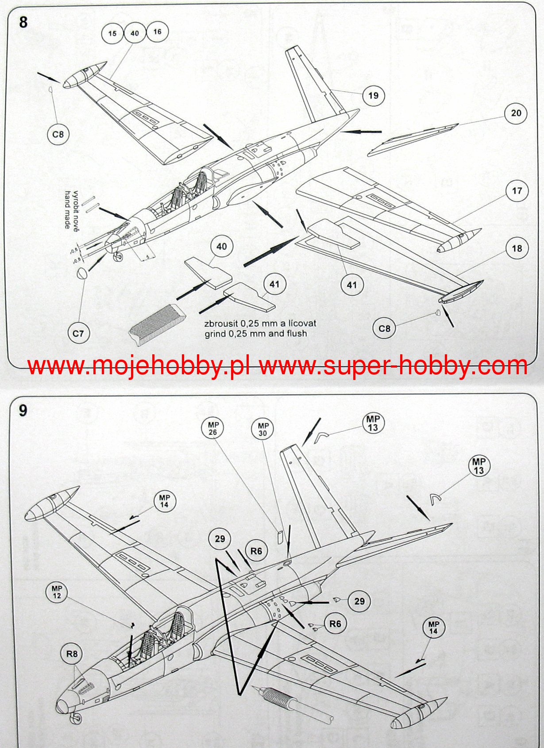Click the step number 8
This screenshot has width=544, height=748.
pyautogui.click(x=23, y=22)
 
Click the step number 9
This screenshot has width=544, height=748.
pyautogui.click(x=23, y=411)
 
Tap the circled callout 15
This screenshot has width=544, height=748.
pyautogui.click(x=112, y=33)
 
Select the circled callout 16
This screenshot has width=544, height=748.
pyautogui.click(x=157, y=31)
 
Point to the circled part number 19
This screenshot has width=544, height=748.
pyautogui.click(x=373, y=95)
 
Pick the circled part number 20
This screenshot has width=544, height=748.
pyautogui.click(x=516, y=113)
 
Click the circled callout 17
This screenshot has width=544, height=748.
pyautogui.click(x=517, y=191)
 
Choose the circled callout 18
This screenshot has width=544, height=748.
pyautogui.click(x=517, y=248)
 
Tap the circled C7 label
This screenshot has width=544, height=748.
pyautogui.click(x=78, y=333)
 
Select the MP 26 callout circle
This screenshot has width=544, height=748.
pyautogui.click(x=213, y=428)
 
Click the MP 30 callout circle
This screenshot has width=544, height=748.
pyautogui.click(x=263, y=429)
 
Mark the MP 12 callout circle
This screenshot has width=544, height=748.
pyautogui.click(x=57, y=592)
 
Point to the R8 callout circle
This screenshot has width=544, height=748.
pyautogui.click(x=72, y=654)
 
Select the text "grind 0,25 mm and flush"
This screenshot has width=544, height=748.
pyautogui.click(x=255, y=333)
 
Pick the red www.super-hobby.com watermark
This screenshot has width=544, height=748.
pyautogui.click(x=393, y=366)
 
